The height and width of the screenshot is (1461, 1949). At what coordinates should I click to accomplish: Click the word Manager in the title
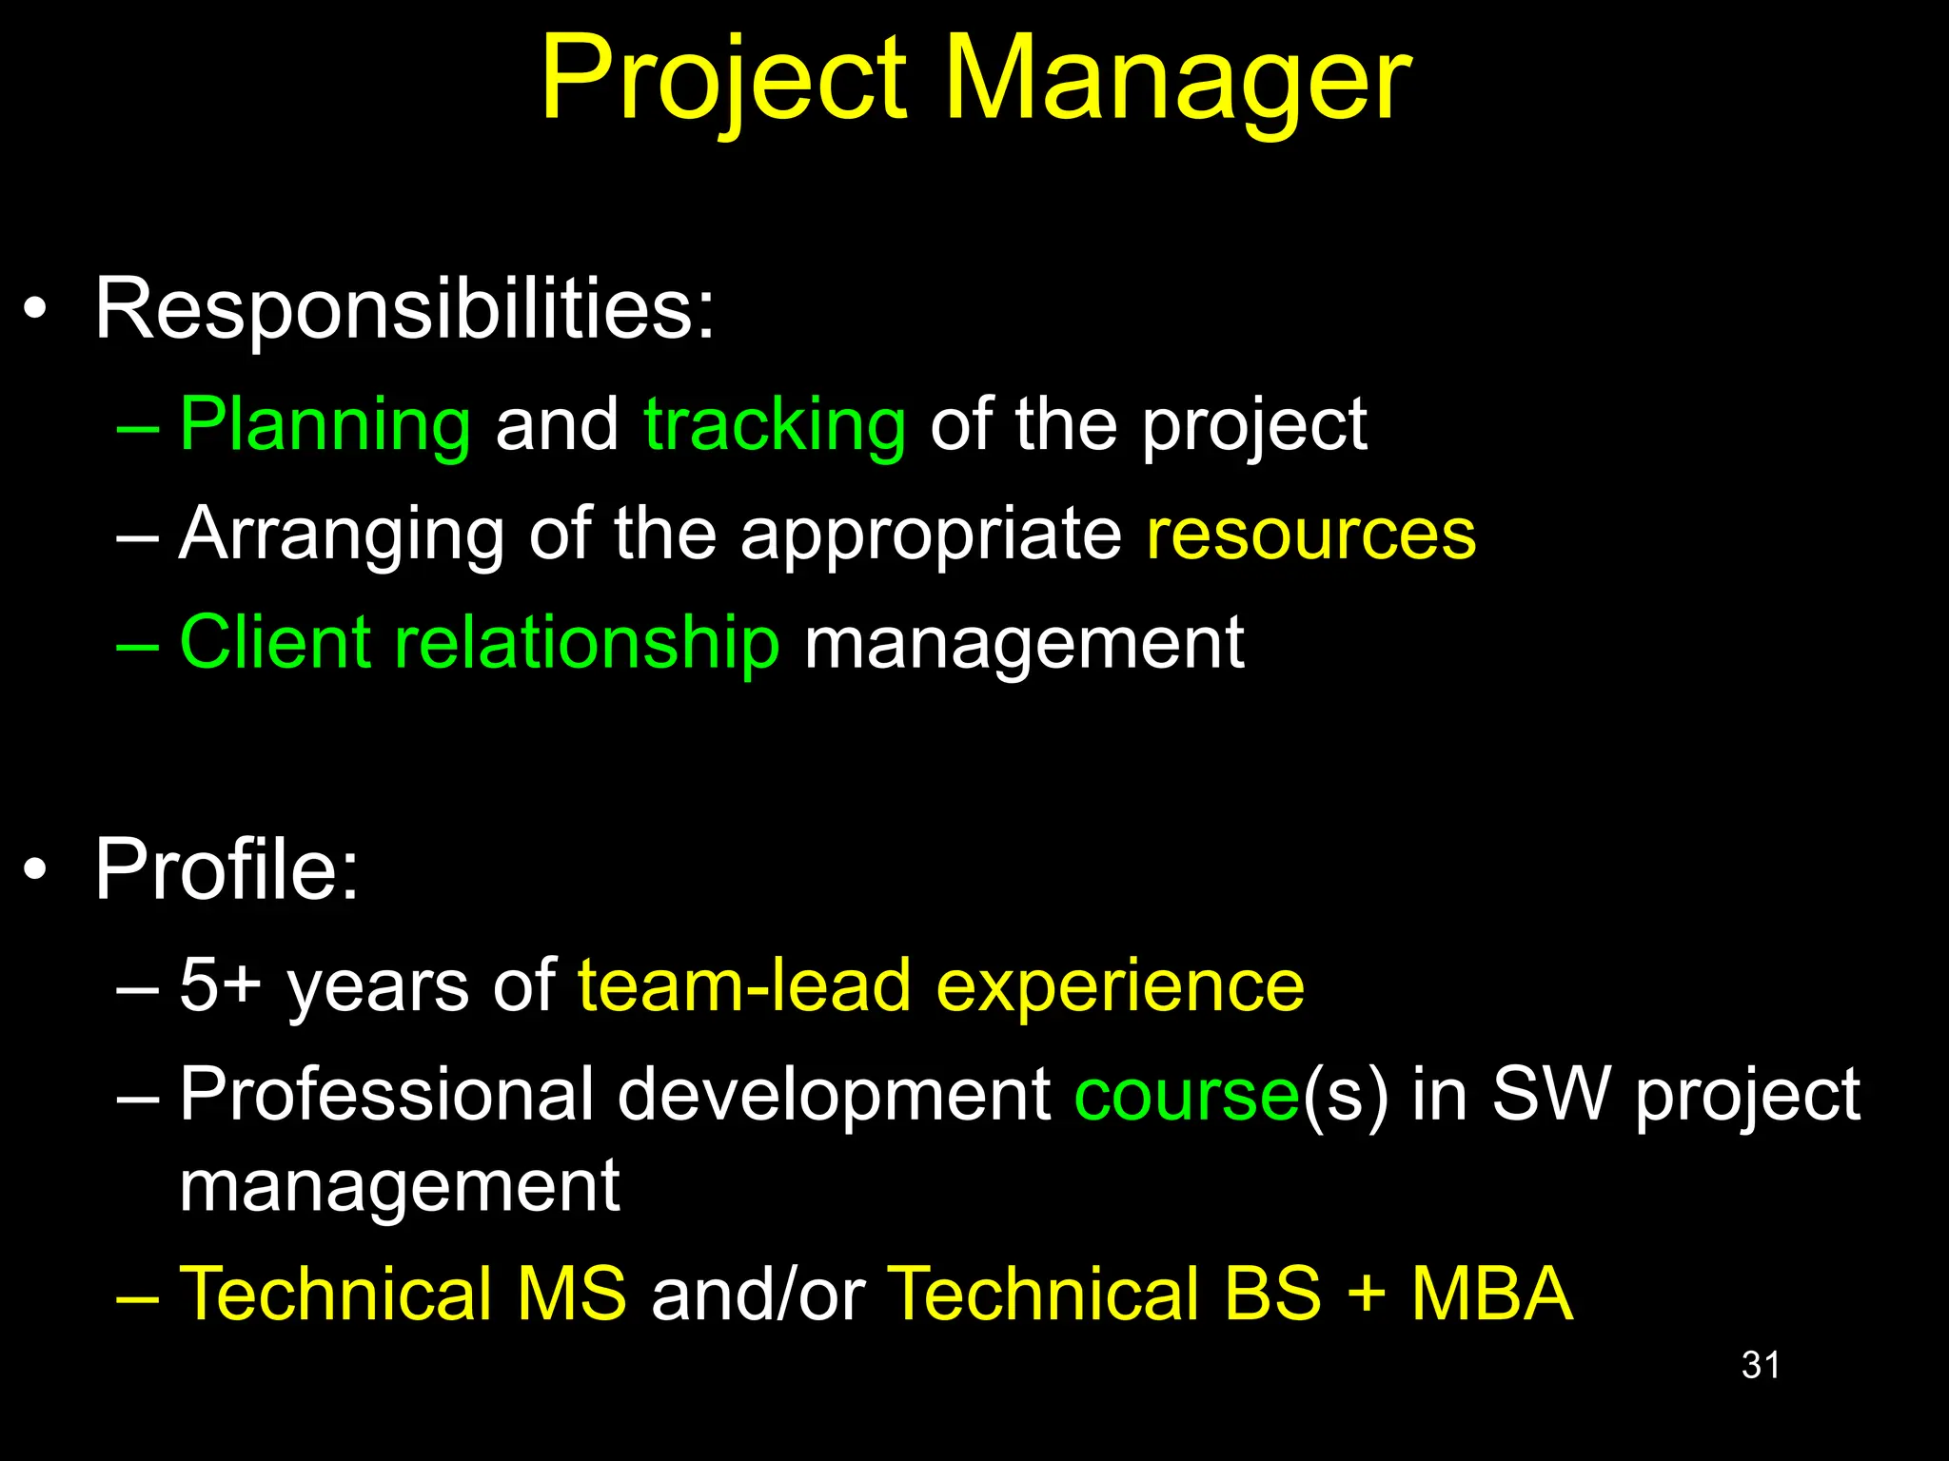[x=1177, y=81]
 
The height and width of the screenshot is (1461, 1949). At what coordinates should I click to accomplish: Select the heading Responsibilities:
[x=404, y=309]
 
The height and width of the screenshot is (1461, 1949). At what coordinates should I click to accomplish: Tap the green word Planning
[x=325, y=425]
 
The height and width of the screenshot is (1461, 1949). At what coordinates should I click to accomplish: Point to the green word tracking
[x=775, y=425]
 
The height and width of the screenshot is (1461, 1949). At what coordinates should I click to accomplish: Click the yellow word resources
[x=1311, y=535]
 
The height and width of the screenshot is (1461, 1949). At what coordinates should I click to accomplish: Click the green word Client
[x=274, y=643]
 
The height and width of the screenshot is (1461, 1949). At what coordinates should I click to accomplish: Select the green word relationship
[x=586, y=645]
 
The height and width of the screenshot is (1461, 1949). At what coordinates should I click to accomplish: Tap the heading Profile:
[x=226, y=869]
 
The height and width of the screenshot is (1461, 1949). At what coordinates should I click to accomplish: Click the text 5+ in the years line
[x=220, y=985]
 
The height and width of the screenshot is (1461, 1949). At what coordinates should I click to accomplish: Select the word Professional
[x=386, y=1094]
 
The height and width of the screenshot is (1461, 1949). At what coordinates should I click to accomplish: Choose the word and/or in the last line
[x=758, y=1295]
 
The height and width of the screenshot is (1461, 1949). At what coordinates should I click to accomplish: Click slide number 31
[x=1761, y=1365]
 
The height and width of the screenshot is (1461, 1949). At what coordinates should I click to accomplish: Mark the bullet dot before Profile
[x=35, y=869]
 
